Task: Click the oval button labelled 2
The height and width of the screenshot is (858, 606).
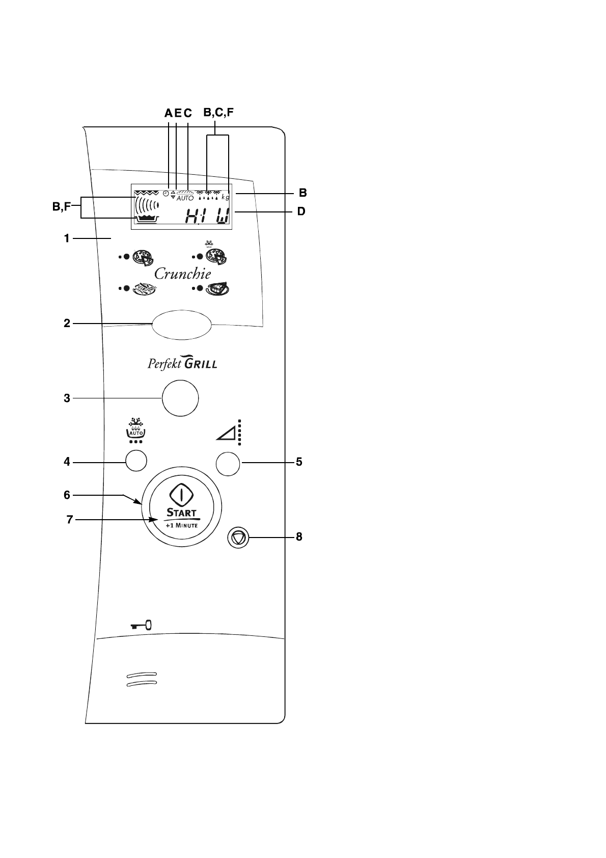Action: [x=181, y=325]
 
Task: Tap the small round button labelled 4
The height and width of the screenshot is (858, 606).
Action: [x=136, y=461]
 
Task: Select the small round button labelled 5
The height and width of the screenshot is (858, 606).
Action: [x=228, y=464]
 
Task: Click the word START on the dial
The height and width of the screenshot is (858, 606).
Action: [x=181, y=512]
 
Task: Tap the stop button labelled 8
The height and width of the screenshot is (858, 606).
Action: [x=238, y=538]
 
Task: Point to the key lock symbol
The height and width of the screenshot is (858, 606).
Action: [x=141, y=626]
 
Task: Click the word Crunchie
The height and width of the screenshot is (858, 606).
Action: [x=183, y=274]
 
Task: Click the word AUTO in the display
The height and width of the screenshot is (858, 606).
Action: [x=185, y=198]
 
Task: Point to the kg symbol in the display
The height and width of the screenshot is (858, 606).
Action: [x=226, y=197]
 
